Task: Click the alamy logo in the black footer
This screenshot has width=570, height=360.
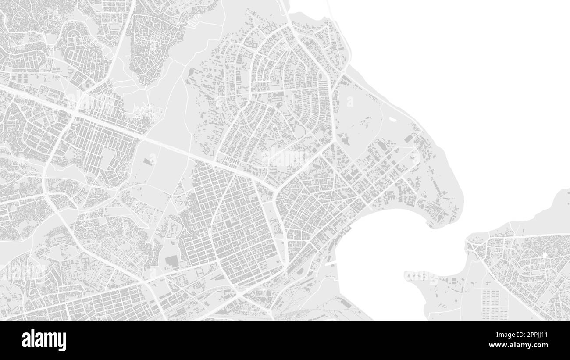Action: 44,340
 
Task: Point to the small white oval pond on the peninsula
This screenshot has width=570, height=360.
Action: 392,118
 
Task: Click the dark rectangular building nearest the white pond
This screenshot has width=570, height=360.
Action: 409,138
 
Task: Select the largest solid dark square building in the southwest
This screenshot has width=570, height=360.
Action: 171,262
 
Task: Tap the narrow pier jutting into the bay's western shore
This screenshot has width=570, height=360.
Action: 331,264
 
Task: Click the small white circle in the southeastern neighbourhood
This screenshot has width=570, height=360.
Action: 545,255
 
